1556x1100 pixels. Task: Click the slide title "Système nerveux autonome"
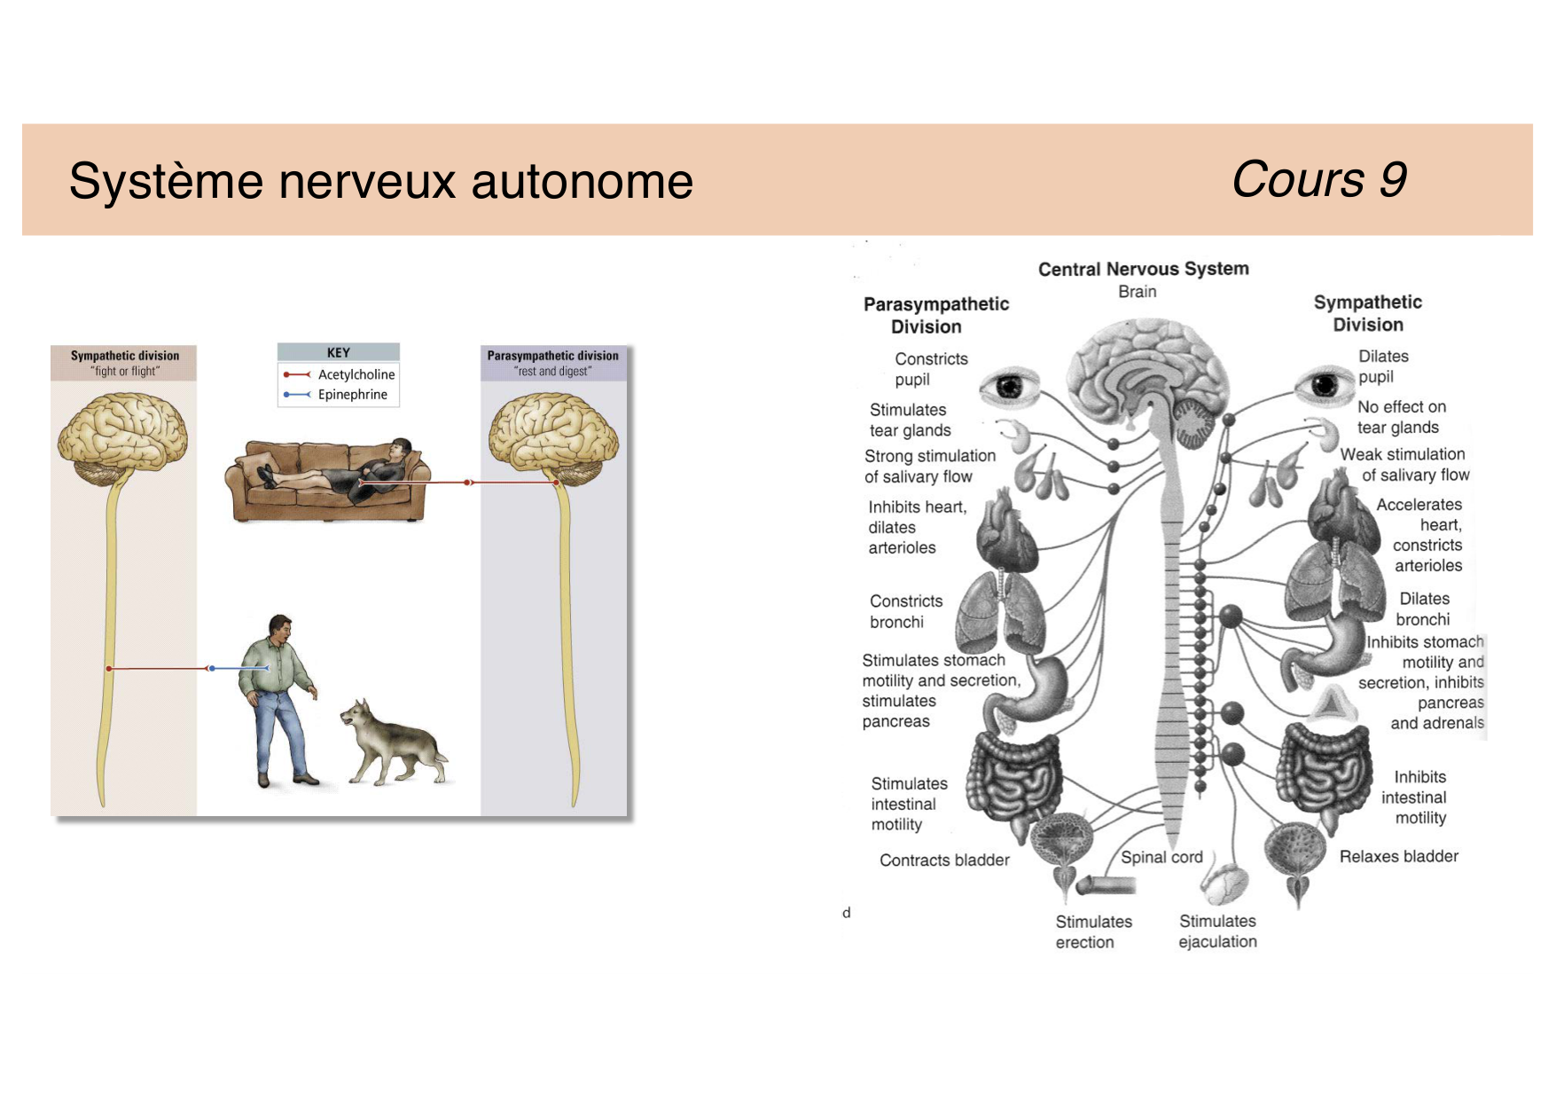pyautogui.click(x=380, y=181)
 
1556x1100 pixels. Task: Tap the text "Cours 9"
pyautogui.click(x=1318, y=180)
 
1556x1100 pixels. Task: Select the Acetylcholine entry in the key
pyautogui.click(x=356, y=374)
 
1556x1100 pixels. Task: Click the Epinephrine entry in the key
pyautogui.click(x=352, y=395)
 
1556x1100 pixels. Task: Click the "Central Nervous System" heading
pyautogui.click(x=1143, y=269)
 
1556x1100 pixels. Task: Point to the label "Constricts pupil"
pyautogui.click(x=930, y=369)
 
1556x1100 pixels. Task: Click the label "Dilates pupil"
pyautogui.click(x=1382, y=366)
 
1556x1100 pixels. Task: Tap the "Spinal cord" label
pyautogui.click(x=1161, y=857)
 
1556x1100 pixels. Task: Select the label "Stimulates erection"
pyautogui.click(x=1092, y=931)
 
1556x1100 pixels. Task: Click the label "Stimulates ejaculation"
pyautogui.click(x=1217, y=931)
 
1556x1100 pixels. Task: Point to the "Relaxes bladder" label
pyautogui.click(x=1398, y=856)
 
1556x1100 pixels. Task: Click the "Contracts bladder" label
pyautogui.click(x=944, y=860)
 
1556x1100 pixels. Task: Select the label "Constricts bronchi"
pyautogui.click(x=905, y=611)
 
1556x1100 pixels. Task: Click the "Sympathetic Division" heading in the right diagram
pyautogui.click(x=1367, y=313)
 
